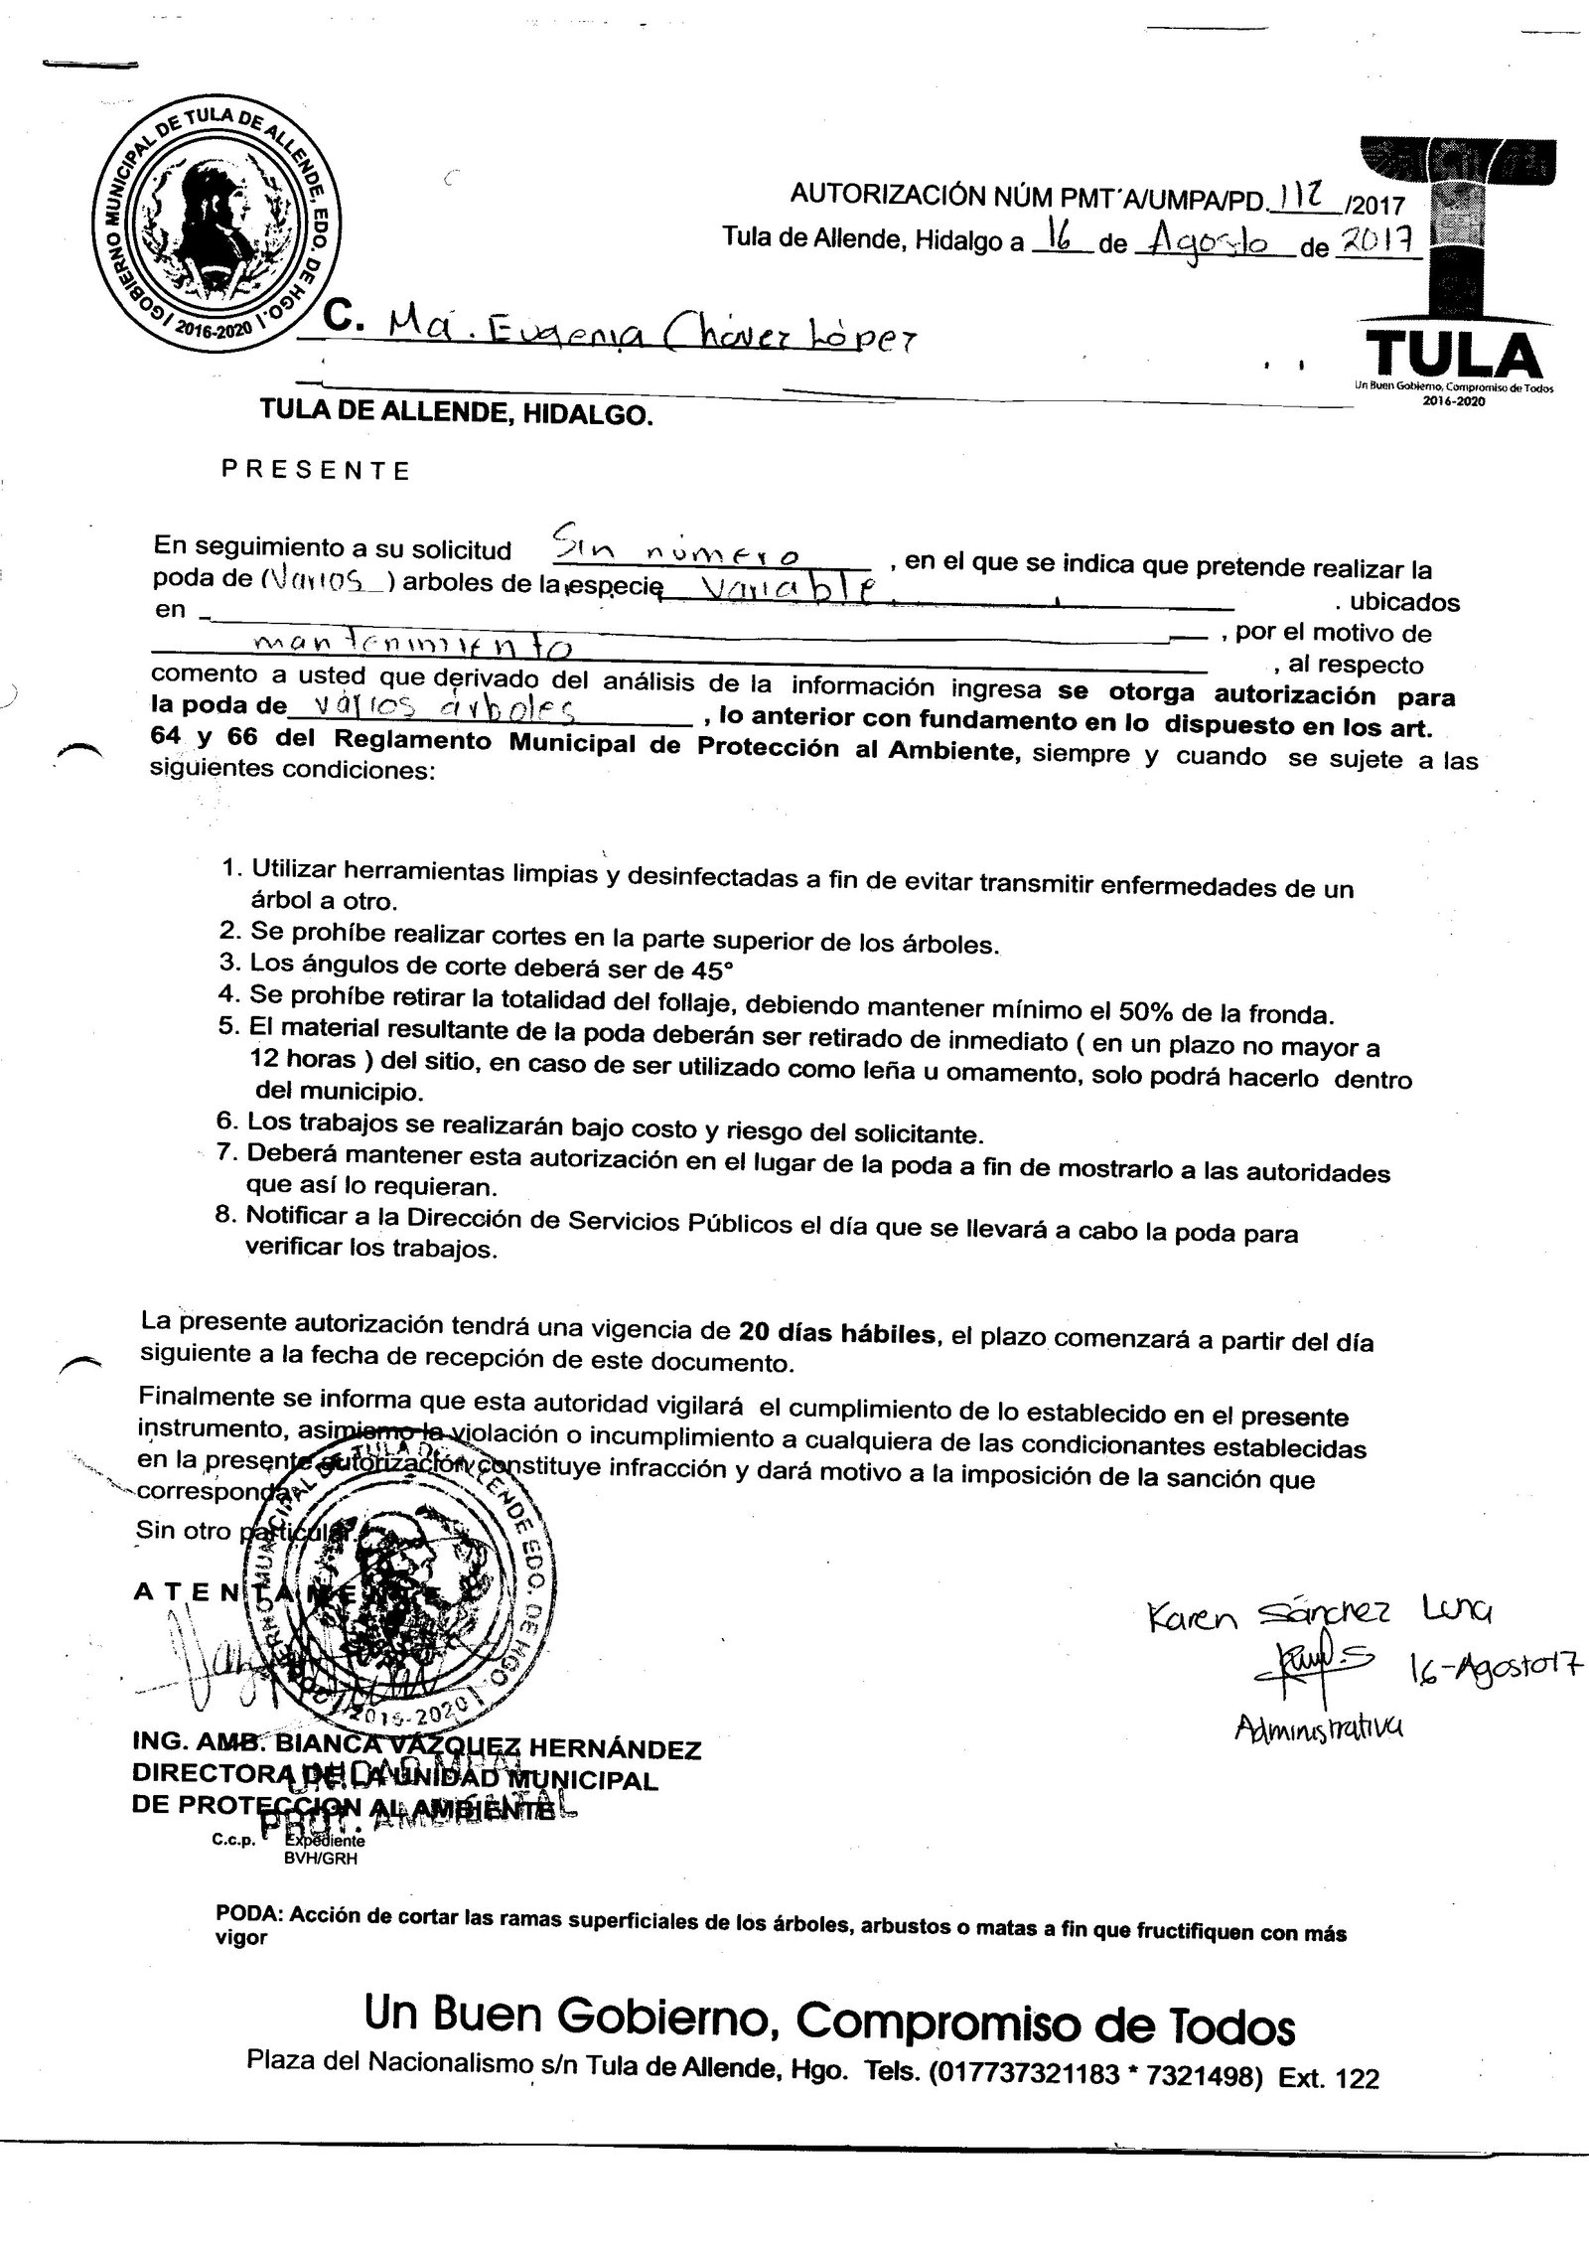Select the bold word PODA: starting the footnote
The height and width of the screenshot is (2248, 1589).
[249, 1914]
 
